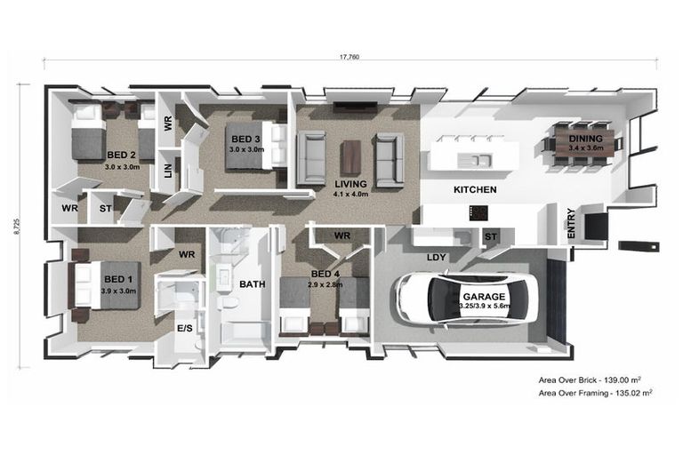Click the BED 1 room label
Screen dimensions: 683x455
point(118,279)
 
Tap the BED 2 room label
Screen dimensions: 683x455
point(121,155)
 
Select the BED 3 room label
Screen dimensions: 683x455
point(245,139)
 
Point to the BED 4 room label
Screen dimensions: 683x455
point(325,274)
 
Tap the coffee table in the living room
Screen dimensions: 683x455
point(350,157)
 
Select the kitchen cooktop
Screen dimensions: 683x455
point(478,213)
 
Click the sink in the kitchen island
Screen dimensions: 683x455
point(474,161)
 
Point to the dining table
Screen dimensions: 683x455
point(585,143)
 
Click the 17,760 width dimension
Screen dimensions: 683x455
point(350,57)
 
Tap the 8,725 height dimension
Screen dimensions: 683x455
point(17,227)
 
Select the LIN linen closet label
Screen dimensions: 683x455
point(168,171)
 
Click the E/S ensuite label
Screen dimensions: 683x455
point(185,328)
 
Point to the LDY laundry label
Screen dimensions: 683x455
point(437,258)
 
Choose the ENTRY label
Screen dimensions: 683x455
point(572,223)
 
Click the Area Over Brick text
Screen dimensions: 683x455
point(590,379)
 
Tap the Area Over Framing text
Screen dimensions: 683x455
point(596,393)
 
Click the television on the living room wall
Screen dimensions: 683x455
point(355,107)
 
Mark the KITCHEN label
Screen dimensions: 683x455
point(475,189)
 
